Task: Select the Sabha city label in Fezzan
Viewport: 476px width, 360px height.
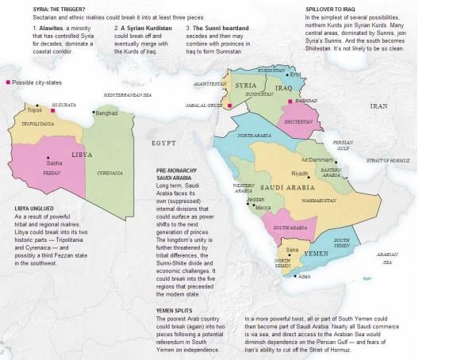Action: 54,163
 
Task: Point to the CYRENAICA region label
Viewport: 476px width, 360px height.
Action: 109,172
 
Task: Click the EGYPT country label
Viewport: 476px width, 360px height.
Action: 163,143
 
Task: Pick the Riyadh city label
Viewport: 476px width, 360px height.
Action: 300,173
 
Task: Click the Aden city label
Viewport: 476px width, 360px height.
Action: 304,277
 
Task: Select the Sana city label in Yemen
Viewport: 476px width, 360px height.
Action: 292,250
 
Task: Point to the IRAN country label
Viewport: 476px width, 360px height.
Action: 379,105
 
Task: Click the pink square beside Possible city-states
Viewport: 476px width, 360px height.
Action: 8,82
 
